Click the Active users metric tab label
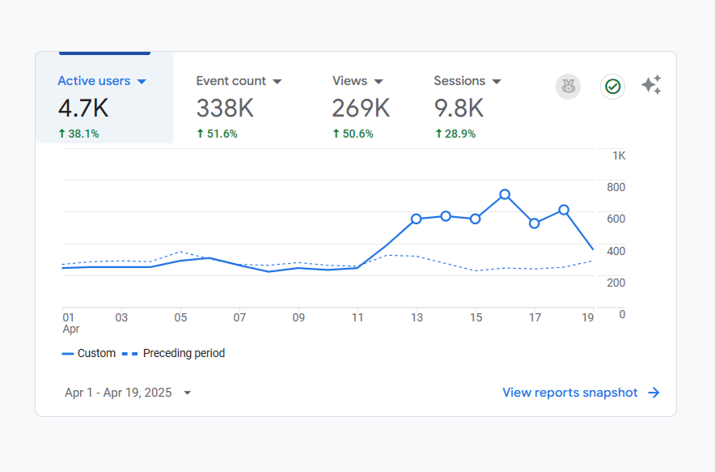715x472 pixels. [94, 81]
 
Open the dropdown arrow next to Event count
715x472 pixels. [277, 82]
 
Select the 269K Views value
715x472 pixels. [361, 108]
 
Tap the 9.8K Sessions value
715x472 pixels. [459, 108]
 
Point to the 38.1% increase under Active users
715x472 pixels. [78, 134]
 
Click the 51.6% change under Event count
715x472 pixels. [217, 134]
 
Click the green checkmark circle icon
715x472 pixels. [612, 87]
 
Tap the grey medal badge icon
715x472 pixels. [568, 87]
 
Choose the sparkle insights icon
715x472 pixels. [652, 85]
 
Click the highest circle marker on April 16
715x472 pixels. [505, 194]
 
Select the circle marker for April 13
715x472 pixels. [416, 219]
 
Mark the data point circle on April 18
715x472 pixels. [564, 210]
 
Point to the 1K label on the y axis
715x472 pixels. [619, 155]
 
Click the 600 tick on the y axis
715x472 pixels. [617, 219]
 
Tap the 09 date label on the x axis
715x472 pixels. [298, 318]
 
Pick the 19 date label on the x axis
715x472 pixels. [588, 318]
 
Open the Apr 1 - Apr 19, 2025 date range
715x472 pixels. [128, 393]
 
